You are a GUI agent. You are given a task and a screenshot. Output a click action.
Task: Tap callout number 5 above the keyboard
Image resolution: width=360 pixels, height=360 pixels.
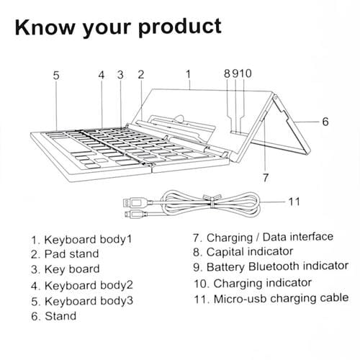point(55,73)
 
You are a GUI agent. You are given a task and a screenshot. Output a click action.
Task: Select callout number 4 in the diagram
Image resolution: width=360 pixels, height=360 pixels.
point(102,73)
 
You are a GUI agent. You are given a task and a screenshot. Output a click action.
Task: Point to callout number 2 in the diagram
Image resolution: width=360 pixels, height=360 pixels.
point(140,73)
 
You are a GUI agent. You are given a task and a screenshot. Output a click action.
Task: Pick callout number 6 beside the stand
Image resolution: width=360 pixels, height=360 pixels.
point(325,122)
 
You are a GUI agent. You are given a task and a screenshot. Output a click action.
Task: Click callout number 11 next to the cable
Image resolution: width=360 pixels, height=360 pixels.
point(293,201)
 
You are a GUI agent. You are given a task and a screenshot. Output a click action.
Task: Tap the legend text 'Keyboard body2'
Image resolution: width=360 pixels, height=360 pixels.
point(81,285)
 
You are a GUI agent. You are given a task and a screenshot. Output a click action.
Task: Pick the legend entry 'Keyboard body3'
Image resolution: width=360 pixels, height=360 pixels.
point(81,300)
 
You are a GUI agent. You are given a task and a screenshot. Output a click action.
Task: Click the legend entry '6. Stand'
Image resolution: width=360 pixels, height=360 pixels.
point(54,316)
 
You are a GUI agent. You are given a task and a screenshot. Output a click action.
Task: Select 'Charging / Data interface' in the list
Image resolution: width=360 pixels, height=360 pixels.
point(262,236)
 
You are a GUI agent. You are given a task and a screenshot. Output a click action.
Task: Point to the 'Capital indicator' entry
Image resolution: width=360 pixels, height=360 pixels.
point(242,251)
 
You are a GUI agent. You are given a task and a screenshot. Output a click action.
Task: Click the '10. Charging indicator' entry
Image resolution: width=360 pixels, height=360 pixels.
point(251,282)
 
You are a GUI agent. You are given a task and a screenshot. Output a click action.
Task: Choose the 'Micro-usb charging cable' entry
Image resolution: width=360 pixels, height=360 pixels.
point(269,297)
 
